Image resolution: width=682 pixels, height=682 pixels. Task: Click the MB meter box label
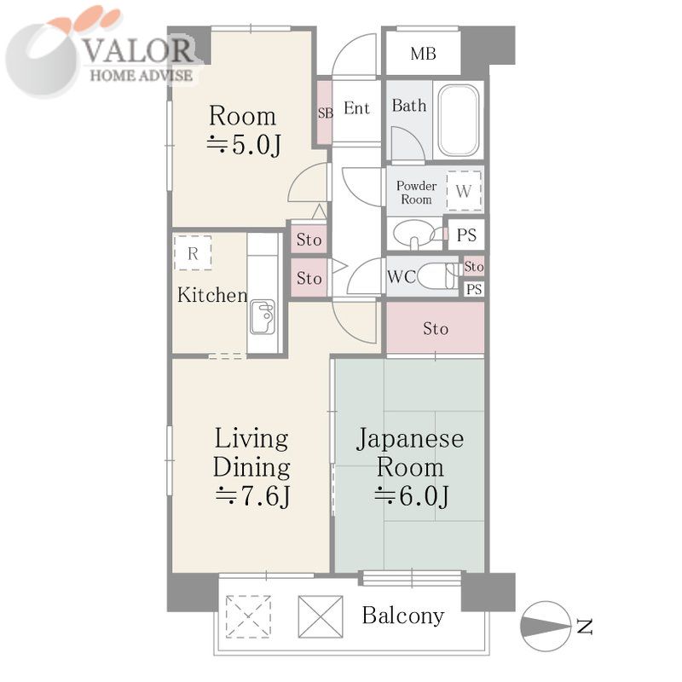[423, 54]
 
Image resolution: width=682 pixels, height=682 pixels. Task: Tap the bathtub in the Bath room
[459, 120]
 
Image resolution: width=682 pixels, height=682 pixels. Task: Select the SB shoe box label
[326, 113]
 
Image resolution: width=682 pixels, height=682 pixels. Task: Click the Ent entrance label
[356, 108]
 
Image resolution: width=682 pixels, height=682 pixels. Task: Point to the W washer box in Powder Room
[464, 191]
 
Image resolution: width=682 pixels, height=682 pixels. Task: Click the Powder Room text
[416, 193]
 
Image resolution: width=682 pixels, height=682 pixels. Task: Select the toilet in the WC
[438, 276]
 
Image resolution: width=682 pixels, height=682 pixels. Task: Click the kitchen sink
[262, 317]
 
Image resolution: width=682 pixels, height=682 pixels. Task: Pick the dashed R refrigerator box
[193, 253]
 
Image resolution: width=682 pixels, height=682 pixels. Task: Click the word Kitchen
[212, 295]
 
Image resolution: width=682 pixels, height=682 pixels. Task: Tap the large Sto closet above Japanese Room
[436, 328]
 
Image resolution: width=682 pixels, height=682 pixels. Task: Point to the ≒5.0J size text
[244, 145]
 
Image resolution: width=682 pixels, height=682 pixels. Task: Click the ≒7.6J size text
[252, 496]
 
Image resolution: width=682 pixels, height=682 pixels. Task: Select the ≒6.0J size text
[412, 496]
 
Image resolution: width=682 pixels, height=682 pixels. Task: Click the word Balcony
[403, 616]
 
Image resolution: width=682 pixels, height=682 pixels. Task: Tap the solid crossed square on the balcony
[321, 616]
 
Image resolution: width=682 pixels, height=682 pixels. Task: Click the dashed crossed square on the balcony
[248, 616]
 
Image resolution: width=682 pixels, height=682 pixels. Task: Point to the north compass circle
[546, 627]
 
